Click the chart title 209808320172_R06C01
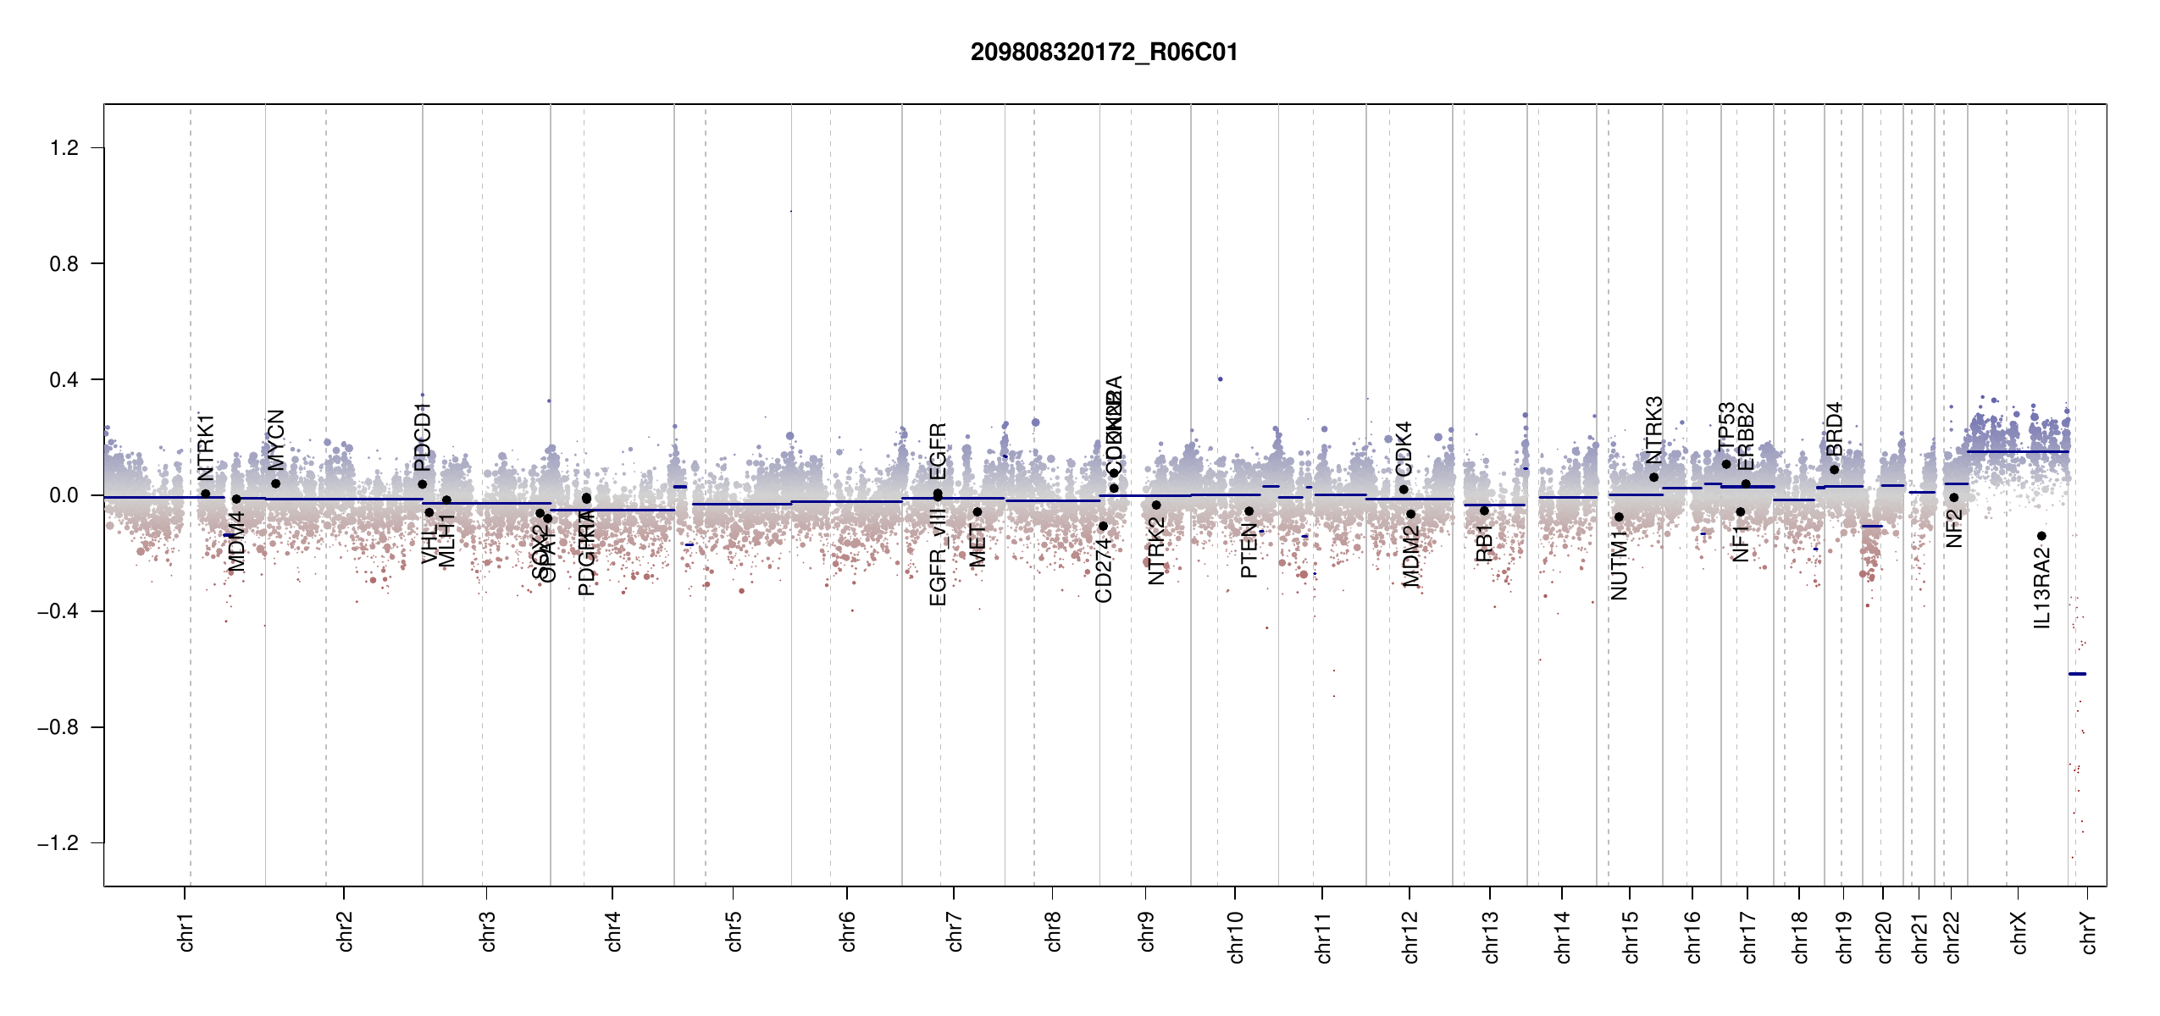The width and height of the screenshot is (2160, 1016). point(1104,52)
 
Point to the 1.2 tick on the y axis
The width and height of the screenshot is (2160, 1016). point(64,148)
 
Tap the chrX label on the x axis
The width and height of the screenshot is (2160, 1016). point(2019,932)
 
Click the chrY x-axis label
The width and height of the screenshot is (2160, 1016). point(2089,932)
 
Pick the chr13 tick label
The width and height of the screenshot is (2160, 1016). point(1491,936)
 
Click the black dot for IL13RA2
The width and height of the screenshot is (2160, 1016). point(2041,536)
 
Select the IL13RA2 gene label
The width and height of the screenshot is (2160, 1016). point(2042,588)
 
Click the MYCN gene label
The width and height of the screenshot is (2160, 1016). point(276,440)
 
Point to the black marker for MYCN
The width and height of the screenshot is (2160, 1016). point(275,484)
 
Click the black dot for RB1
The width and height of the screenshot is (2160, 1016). point(1484,511)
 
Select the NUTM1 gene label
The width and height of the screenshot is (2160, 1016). point(1620,566)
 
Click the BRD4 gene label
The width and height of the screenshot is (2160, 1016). point(1835,429)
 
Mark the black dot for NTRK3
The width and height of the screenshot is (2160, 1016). point(1653,478)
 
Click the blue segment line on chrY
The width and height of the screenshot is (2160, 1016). point(2077,674)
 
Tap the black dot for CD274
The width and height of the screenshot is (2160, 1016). point(1103,527)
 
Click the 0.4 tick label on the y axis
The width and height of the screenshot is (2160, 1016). point(64,380)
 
